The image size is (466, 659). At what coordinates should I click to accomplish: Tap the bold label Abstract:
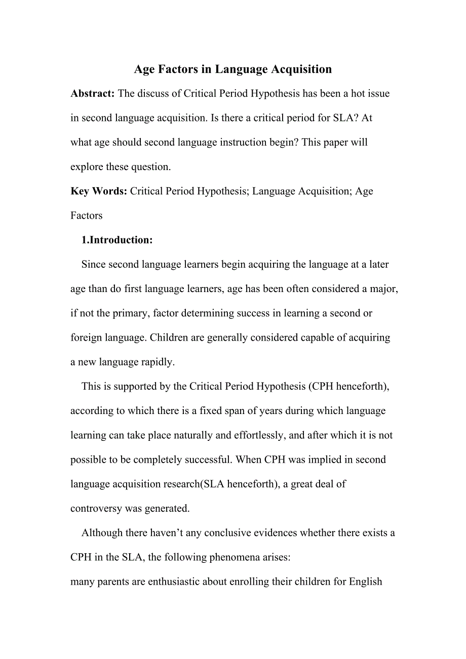(93, 94)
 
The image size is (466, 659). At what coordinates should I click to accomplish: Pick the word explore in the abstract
(87, 167)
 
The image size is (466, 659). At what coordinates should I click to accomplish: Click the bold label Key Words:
(99, 191)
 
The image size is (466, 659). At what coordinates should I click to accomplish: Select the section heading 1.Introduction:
(117, 240)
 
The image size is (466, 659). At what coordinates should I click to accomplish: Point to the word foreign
(87, 338)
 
